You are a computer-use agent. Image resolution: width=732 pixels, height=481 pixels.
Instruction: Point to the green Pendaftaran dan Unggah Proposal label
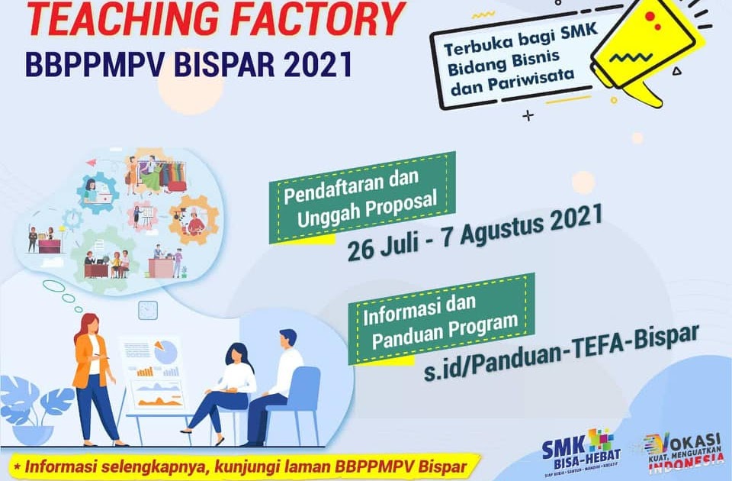point(363,198)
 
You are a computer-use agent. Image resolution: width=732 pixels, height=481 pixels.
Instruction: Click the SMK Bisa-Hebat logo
point(581,450)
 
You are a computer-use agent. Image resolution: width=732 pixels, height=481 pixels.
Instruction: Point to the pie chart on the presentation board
point(165,352)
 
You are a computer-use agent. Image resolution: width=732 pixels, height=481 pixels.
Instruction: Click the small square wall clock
point(148,310)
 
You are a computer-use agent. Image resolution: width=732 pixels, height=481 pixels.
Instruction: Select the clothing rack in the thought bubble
point(162,173)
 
